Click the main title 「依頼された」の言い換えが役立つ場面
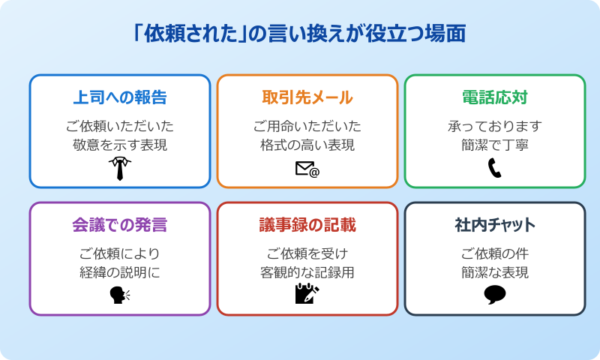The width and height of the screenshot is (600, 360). click(299, 34)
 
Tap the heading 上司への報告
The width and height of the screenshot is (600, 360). click(120, 97)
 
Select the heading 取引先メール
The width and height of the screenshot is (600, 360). click(307, 97)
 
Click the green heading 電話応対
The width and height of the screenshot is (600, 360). click(495, 97)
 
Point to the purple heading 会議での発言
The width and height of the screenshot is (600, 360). click(120, 225)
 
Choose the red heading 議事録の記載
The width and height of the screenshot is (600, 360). click(307, 225)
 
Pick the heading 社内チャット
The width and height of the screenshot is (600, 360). click(495, 225)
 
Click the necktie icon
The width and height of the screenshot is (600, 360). click(120, 168)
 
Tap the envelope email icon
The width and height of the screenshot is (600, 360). click(307, 169)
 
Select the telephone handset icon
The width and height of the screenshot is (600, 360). click(494, 168)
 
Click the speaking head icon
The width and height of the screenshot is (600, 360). click(120, 295)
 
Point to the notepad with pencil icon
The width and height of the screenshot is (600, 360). click(307, 294)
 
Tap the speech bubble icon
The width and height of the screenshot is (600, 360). click(495, 295)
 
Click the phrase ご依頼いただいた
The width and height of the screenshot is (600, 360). click(120, 125)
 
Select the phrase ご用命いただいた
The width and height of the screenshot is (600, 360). click(307, 125)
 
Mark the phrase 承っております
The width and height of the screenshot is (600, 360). click(495, 125)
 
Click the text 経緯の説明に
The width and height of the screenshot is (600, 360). click(120, 272)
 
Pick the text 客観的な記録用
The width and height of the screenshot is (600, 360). click(307, 272)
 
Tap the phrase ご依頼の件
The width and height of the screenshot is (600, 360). click(495, 253)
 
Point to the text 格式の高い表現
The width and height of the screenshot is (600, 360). click(307, 145)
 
